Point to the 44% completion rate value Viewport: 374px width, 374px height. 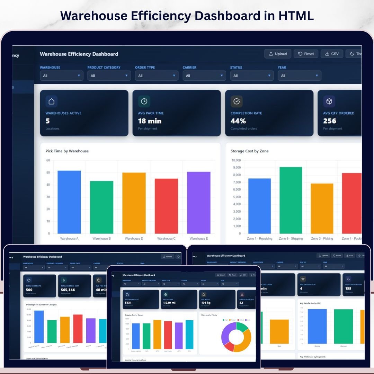coord(238,121)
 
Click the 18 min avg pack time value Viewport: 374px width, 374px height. coord(150,121)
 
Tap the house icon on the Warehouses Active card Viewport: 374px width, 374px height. coord(51,101)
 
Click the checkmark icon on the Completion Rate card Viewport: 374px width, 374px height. coord(237,101)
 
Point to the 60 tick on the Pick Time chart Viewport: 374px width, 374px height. coord(48,160)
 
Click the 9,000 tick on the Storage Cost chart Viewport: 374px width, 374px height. coord(236,168)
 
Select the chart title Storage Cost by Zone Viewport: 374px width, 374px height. coord(249,151)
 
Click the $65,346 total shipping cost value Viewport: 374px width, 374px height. coord(68,290)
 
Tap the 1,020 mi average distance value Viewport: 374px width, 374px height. coord(169,303)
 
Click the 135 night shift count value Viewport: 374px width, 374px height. coord(348,288)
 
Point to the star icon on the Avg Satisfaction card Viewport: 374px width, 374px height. coord(303,279)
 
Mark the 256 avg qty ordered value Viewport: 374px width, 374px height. coord(330,121)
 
